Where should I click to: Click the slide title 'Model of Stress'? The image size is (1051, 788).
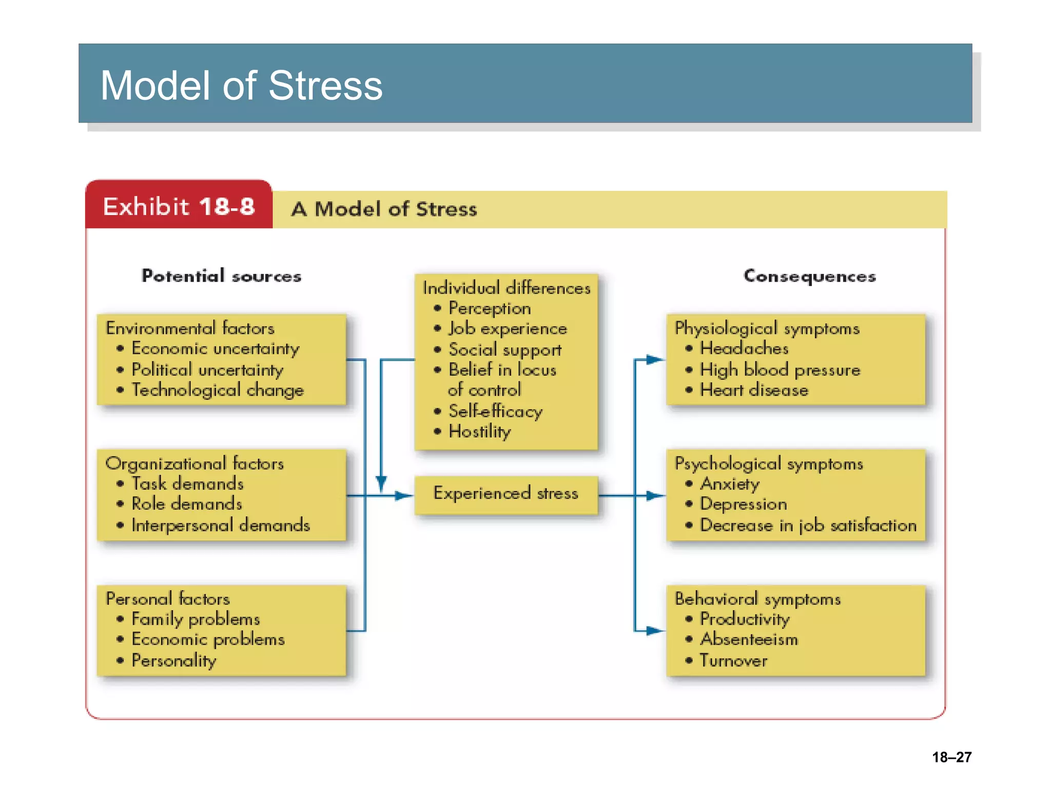click(x=241, y=85)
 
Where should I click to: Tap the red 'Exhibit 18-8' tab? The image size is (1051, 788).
click(x=179, y=207)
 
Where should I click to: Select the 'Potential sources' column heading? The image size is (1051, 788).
click(x=221, y=276)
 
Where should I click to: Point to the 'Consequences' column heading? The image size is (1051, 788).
click(x=809, y=276)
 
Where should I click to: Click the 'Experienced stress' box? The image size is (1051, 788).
click(x=505, y=494)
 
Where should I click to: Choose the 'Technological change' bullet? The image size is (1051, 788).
click(x=218, y=390)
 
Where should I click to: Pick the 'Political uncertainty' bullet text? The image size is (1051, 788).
click(x=207, y=370)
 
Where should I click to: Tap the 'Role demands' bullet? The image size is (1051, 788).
click(x=187, y=504)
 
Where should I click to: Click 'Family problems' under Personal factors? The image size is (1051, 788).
click(x=196, y=619)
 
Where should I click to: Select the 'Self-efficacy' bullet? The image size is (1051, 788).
click(x=495, y=411)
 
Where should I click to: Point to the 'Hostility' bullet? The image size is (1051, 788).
click(x=480, y=431)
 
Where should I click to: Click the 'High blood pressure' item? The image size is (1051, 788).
click(x=780, y=370)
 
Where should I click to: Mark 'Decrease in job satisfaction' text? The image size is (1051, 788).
click(x=808, y=525)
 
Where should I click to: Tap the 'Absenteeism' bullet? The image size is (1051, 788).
click(x=749, y=640)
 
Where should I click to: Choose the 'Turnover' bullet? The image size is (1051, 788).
click(x=734, y=661)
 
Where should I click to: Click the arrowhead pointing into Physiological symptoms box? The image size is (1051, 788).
click(x=655, y=360)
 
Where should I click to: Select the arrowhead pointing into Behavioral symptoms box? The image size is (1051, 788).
click(x=655, y=631)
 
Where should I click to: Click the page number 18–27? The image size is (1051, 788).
click(x=951, y=757)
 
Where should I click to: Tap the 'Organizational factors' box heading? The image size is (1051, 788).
click(x=194, y=464)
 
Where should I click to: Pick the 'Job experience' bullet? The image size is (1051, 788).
click(x=508, y=329)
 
